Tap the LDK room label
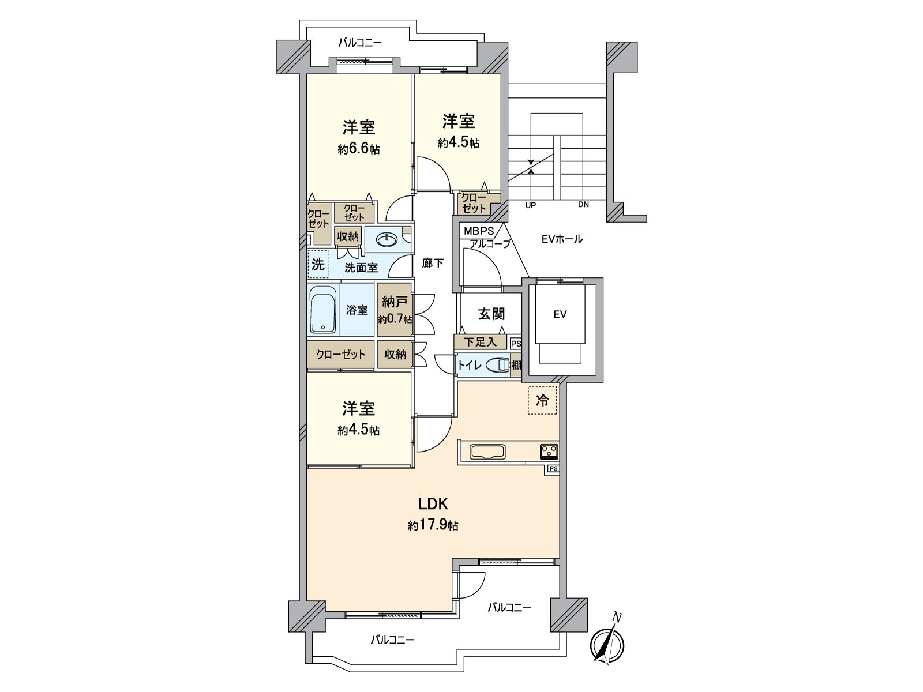point(433,503)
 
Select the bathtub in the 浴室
point(323,310)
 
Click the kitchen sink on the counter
point(487,452)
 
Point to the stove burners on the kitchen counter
point(549,451)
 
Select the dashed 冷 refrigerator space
point(542,400)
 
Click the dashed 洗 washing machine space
point(317,265)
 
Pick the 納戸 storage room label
point(395,301)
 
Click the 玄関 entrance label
point(491,314)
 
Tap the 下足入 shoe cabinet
point(481,342)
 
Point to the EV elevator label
point(560,314)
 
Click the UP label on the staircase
point(531,205)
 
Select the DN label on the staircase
point(583,205)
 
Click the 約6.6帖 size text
point(359,149)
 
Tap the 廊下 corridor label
point(433,264)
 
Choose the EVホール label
point(561,239)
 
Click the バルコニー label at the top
point(360,43)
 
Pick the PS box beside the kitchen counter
point(553,468)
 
